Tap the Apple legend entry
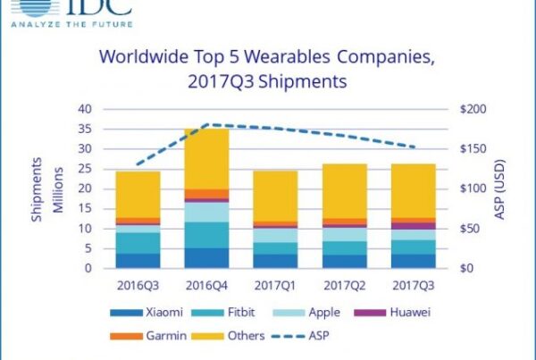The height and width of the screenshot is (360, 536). coord(313,313)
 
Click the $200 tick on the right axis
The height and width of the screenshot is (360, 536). coord(469,109)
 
